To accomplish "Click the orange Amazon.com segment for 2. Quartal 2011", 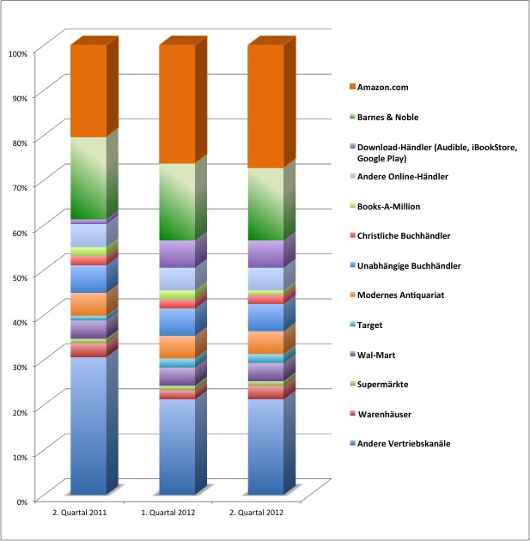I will pos(88,91).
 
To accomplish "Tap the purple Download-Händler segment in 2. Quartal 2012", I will pos(265,254).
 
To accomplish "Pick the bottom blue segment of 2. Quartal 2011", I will pos(88,425).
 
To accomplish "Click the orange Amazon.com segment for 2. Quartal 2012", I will pos(265,106).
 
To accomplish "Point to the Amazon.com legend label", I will pos(393,88).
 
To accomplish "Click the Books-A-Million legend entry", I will pos(400,206).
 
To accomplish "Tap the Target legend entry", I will pos(383,325).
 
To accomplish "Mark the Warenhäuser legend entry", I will pos(396,414).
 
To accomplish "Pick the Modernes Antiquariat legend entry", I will pos(411,295).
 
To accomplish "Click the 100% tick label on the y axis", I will pos(18,53).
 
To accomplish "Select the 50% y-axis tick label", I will pos(21,277).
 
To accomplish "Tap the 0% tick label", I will pos(23,500).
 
